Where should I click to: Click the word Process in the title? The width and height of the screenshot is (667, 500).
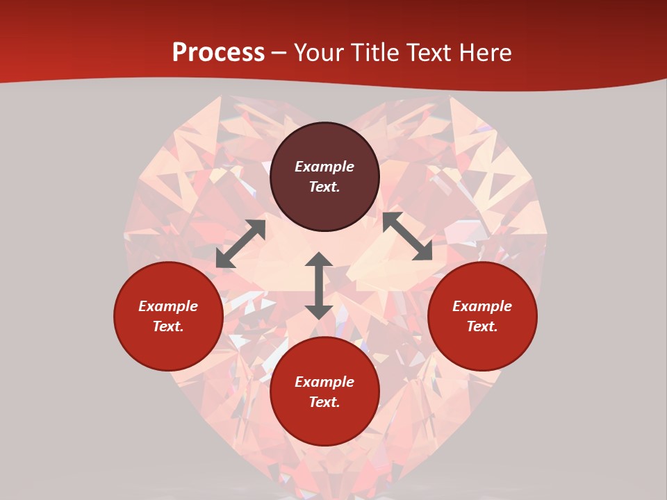pyautogui.click(x=218, y=53)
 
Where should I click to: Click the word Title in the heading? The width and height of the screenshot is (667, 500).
pyautogui.click(x=374, y=53)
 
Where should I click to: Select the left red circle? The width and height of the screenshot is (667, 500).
pyautogui.click(x=168, y=347)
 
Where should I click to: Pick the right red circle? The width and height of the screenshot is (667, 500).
pyautogui.click(x=482, y=347)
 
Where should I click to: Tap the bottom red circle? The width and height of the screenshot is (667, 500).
pyautogui.click(x=324, y=424)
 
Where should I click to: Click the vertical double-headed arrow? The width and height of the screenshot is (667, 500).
pyautogui.click(x=319, y=285)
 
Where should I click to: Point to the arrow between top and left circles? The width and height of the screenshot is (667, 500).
pyautogui.click(x=240, y=244)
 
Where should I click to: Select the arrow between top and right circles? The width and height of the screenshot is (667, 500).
pyautogui.click(x=407, y=236)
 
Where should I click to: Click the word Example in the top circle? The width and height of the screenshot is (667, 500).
pyautogui.click(x=324, y=167)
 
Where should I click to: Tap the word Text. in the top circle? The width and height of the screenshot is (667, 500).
pyautogui.click(x=324, y=187)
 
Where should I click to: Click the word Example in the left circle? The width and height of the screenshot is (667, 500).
pyautogui.click(x=168, y=306)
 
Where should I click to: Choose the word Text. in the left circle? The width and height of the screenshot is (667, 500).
pyautogui.click(x=168, y=326)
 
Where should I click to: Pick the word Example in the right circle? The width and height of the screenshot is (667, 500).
pyautogui.click(x=482, y=306)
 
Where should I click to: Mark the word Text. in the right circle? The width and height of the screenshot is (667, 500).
pyautogui.click(x=482, y=326)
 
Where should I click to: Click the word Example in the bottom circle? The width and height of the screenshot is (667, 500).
pyautogui.click(x=324, y=382)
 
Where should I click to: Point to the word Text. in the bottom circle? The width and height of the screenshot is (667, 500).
pyautogui.click(x=324, y=402)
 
